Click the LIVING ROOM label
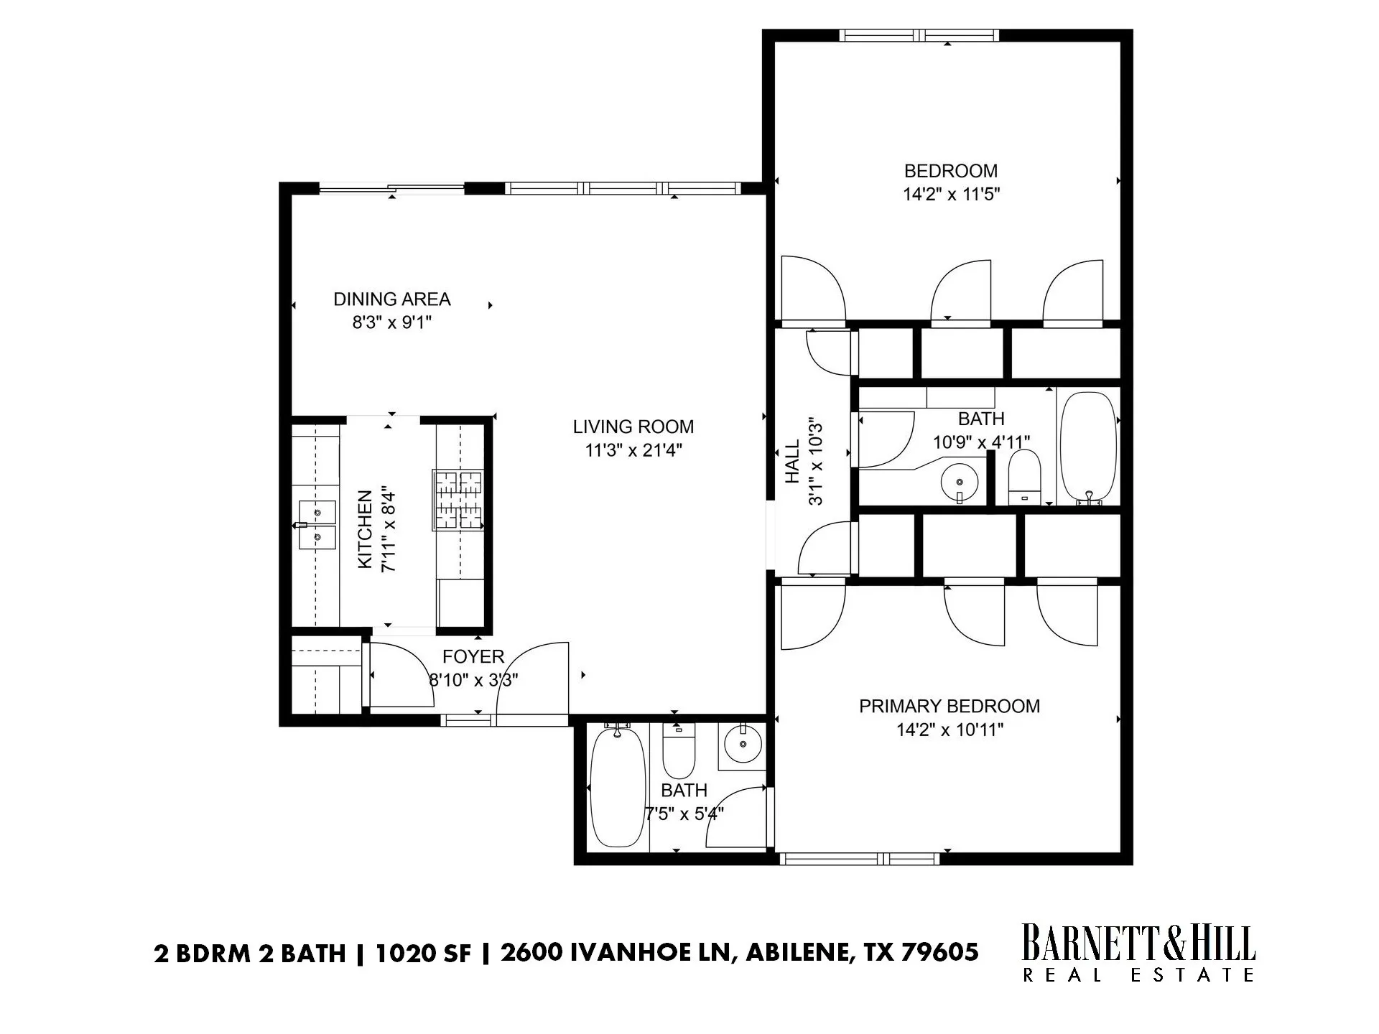coord(633,427)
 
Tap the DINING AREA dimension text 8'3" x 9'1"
coord(391,322)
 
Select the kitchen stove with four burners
coord(458,500)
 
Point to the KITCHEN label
coord(365,529)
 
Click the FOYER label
coord(473,656)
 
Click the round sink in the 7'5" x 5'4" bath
coord(742,745)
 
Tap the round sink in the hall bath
coord(959,479)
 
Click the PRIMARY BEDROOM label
coord(949,706)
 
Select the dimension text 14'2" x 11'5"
coord(951,194)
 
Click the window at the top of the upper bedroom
coord(919,35)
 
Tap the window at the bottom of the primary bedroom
coord(860,858)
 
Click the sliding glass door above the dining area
coord(391,189)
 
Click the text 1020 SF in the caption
coord(423,953)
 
